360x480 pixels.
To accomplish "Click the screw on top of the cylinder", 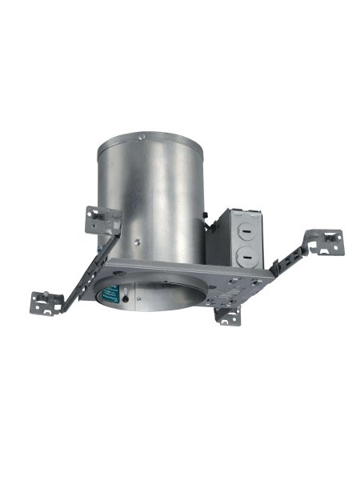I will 143,138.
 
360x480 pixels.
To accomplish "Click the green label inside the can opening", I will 105,294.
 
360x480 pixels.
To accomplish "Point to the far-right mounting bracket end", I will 330,242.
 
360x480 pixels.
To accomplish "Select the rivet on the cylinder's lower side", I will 138,240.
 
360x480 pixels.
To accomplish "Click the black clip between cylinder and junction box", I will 206,218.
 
